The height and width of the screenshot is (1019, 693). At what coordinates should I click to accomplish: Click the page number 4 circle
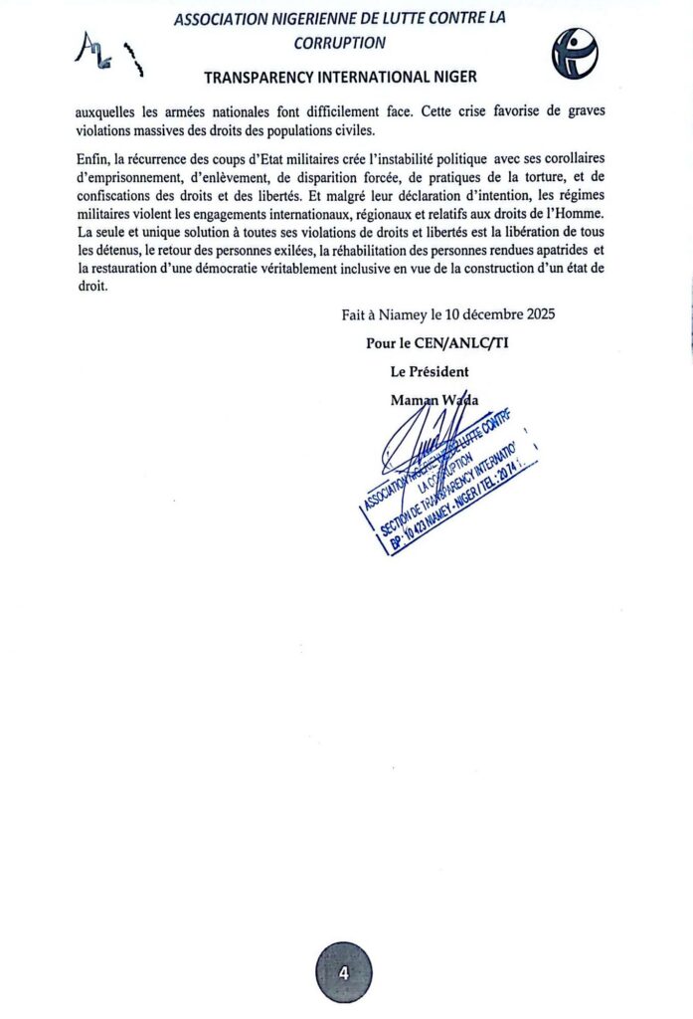(x=344, y=972)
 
